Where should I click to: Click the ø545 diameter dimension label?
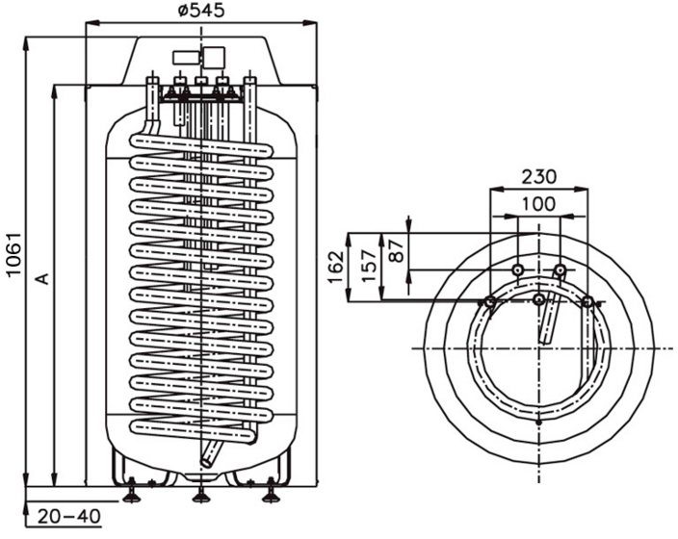point(201,11)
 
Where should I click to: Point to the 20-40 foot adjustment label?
point(69,516)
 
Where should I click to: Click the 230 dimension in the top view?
point(538,177)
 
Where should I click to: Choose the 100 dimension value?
point(538,204)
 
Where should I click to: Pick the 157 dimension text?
point(369,266)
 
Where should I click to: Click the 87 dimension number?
point(397,250)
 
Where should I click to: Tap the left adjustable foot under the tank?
point(131,494)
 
